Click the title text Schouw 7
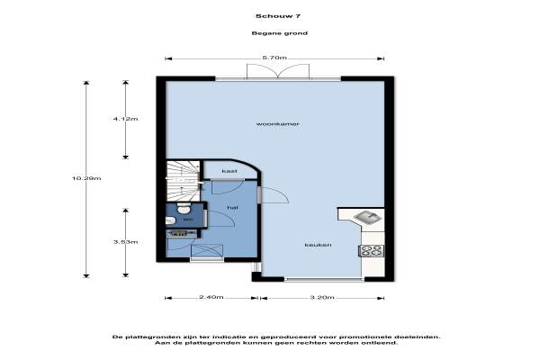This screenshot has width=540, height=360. (x=278, y=16)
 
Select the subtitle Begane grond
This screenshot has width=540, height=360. (x=279, y=33)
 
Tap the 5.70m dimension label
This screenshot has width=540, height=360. (x=274, y=58)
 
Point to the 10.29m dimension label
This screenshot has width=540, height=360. (x=86, y=178)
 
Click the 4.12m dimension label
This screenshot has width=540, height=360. (x=125, y=119)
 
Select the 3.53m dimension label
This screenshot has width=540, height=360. (x=125, y=242)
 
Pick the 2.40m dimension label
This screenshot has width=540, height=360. (x=211, y=297)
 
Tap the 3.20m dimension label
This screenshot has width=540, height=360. (x=322, y=297)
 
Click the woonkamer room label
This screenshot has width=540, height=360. (x=277, y=123)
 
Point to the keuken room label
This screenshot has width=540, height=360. (x=318, y=245)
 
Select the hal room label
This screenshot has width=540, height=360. (x=232, y=207)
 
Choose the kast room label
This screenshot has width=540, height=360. (x=229, y=171)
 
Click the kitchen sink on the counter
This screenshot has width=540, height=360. (x=368, y=218)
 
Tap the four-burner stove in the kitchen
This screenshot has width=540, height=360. (x=371, y=250)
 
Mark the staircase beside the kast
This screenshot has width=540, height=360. (x=184, y=181)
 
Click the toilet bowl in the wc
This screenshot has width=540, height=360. (x=184, y=209)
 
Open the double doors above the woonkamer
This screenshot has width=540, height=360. (x=278, y=72)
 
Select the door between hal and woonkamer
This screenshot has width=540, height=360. (x=274, y=195)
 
